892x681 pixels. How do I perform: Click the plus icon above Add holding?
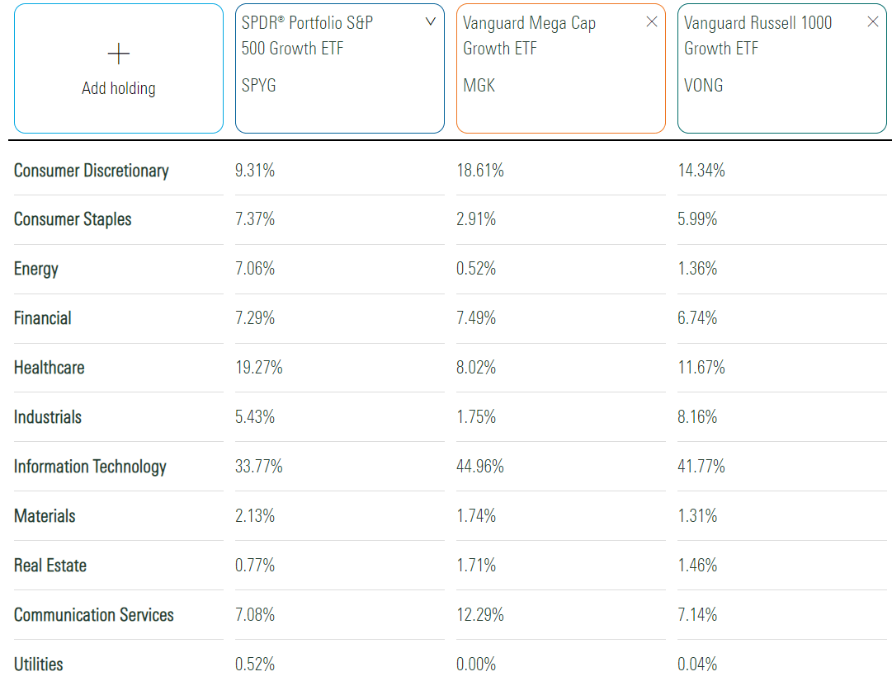click(119, 54)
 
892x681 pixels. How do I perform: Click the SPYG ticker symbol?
click(259, 85)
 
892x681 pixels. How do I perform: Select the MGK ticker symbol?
click(479, 85)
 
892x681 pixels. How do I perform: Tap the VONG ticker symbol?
click(703, 85)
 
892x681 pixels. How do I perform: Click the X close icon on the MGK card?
click(652, 22)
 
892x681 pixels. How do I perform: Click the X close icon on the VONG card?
click(873, 22)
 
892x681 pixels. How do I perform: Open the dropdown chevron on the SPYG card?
click(430, 22)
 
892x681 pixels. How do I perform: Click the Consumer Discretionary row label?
click(92, 171)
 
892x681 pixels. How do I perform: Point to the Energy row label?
click(36, 269)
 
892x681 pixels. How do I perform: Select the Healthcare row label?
click(50, 368)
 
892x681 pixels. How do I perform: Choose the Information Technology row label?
click(90, 467)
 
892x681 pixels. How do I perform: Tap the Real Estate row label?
click(50, 566)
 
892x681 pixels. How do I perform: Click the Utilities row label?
click(39, 664)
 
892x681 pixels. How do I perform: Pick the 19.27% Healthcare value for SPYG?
click(259, 368)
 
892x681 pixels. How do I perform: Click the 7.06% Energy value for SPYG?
click(255, 269)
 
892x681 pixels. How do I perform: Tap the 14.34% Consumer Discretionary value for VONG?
click(701, 171)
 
